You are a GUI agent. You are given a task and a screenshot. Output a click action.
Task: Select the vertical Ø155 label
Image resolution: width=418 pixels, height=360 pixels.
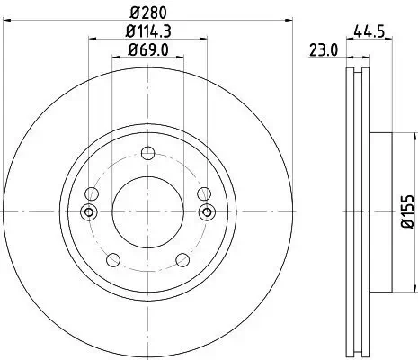[x=407, y=211]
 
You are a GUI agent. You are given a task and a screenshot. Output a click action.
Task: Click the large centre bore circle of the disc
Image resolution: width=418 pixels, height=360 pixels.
[x=147, y=211]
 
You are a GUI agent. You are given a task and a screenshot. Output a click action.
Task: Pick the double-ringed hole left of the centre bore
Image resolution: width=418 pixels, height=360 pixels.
[x=88, y=211]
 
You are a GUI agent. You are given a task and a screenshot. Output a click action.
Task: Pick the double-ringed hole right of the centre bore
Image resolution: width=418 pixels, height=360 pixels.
[x=207, y=211]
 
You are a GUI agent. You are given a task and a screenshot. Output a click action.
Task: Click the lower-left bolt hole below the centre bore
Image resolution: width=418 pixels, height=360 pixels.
[x=112, y=260]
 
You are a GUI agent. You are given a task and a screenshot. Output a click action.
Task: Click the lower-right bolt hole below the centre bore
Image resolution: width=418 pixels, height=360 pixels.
[x=182, y=260]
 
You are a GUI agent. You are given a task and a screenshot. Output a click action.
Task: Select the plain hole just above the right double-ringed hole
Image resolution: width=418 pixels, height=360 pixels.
[x=203, y=193]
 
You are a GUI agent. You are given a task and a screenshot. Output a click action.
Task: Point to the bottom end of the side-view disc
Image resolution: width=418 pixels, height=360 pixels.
[x=357, y=352]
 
